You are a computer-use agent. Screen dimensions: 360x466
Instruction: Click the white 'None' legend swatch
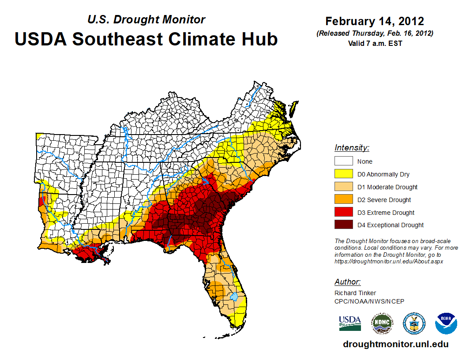point(343,161)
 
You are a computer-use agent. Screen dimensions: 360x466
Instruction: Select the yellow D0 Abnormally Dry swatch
point(343,174)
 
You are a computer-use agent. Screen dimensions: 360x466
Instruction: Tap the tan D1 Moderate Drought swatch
point(343,187)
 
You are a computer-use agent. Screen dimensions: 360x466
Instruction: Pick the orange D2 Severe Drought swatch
point(343,200)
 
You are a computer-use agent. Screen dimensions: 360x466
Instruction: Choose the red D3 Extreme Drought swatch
point(343,213)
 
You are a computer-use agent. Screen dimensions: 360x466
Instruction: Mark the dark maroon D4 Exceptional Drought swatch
point(343,225)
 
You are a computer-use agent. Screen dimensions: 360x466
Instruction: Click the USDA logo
point(350,323)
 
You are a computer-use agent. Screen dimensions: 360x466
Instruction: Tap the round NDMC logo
point(382,323)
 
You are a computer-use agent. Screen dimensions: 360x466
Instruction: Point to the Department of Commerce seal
point(414,323)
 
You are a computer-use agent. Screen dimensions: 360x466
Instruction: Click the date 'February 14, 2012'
point(374,21)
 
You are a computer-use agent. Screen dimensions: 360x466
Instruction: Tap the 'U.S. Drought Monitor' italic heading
point(146,20)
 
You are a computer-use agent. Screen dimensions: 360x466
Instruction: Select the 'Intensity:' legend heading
point(352,148)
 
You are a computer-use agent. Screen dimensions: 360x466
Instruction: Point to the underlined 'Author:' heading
point(347,282)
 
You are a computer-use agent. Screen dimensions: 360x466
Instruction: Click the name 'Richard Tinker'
point(355,293)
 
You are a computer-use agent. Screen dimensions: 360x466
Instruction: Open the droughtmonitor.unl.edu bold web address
point(395,345)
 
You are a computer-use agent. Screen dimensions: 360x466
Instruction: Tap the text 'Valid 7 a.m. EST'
point(375,43)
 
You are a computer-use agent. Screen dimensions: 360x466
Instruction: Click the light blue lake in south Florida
point(234,296)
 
